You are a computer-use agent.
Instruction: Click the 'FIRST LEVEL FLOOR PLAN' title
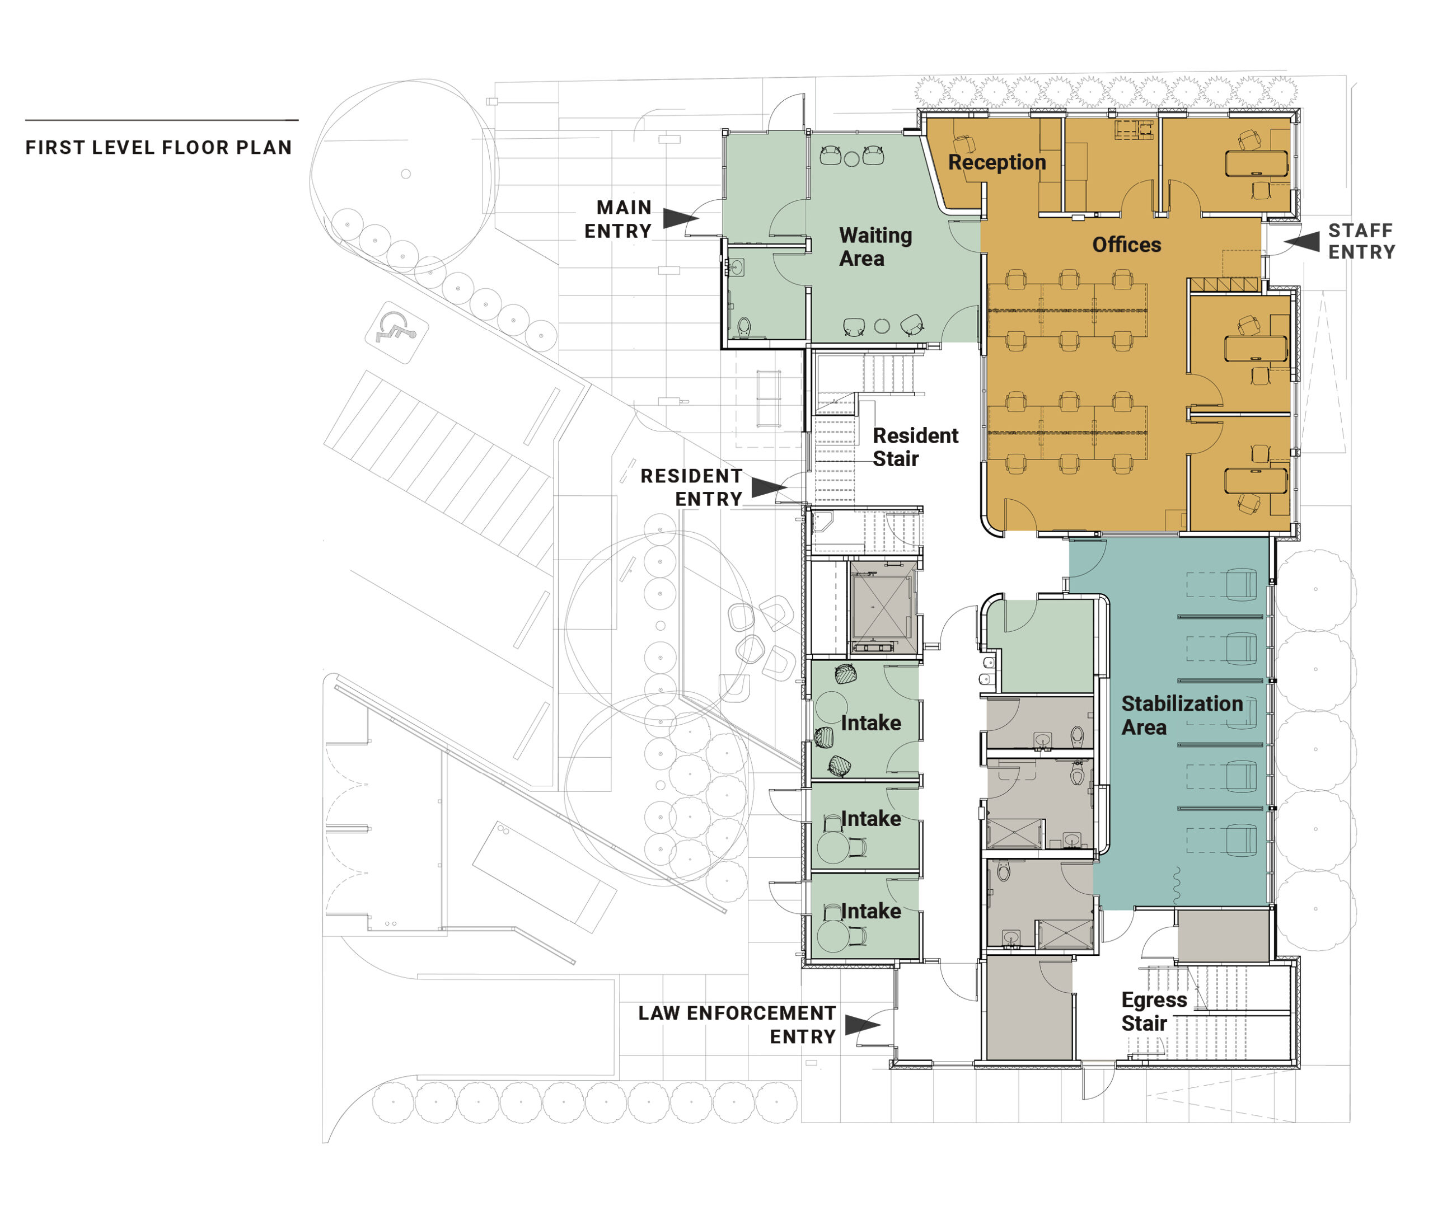click(158, 147)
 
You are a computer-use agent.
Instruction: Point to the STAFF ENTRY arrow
click(1302, 241)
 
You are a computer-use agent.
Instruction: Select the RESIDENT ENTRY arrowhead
click(769, 487)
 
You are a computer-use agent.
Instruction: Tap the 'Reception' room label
click(996, 162)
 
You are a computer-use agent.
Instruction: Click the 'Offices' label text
click(1127, 245)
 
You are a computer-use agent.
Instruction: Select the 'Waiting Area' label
click(875, 247)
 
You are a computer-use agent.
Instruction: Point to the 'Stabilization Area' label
click(1182, 715)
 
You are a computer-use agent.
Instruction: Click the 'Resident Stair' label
click(915, 447)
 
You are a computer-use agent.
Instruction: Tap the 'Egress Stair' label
click(1154, 1011)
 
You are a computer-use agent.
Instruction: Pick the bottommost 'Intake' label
click(871, 912)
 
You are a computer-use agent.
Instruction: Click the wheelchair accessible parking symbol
click(396, 332)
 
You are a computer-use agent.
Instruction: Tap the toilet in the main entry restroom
click(744, 327)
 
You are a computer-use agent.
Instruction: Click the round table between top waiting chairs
click(852, 159)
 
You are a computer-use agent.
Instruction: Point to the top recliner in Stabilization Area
click(1241, 584)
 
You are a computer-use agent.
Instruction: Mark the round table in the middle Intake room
click(833, 847)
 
